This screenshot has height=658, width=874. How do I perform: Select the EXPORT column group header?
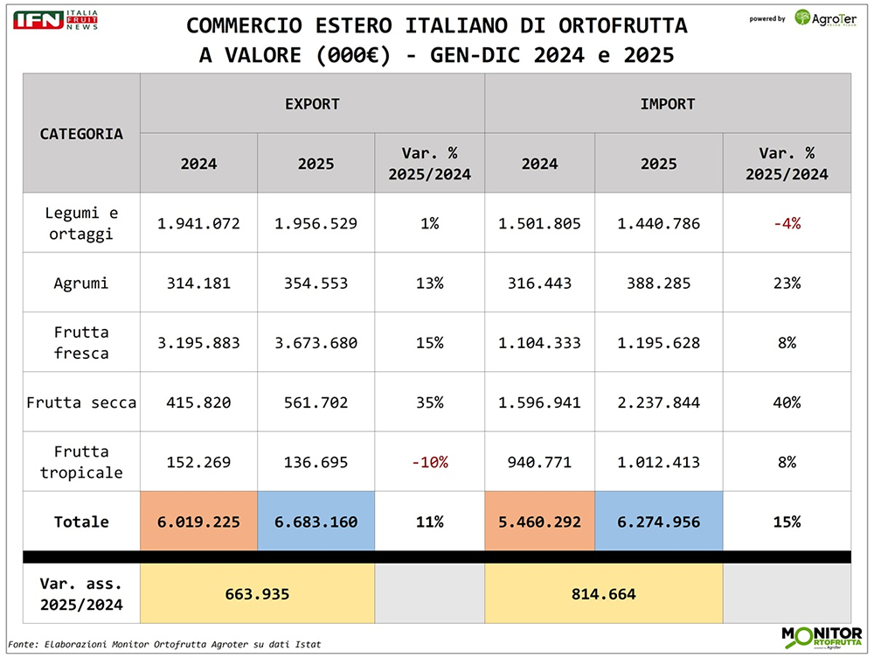pos(312,104)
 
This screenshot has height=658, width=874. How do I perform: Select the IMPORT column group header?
pos(668,104)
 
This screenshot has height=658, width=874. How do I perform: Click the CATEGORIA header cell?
pos(81,134)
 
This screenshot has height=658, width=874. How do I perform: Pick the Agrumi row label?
pos(81,283)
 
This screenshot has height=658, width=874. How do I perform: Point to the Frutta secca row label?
pos(81,402)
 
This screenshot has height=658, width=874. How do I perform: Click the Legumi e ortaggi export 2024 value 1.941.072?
pos(198,224)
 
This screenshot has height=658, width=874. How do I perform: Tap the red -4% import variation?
pos(787,224)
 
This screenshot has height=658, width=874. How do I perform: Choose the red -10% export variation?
pos(429,462)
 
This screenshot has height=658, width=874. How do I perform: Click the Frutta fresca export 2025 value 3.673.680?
pos(316,343)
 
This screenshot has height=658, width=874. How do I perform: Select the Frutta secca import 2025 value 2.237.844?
pos(659,402)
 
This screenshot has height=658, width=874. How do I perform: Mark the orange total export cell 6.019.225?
pos(198,521)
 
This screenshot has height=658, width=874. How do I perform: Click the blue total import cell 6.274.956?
pos(659,521)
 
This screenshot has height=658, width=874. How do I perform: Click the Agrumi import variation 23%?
pos(787,283)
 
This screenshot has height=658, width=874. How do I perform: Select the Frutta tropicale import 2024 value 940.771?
pos(539,462)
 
